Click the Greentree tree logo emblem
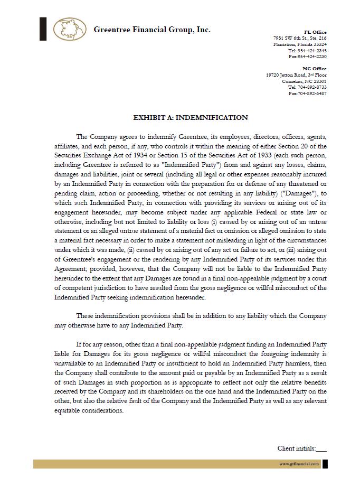tap(70, 29)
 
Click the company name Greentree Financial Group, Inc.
tap(152, 30)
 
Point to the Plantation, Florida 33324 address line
tap(300, 44)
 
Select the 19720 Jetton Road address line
tap(296, 75)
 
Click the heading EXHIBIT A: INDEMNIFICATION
tap(191, 118)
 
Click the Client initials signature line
tap(320, 449)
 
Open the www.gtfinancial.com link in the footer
tap(299, 464)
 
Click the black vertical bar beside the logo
tap(43, 29)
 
